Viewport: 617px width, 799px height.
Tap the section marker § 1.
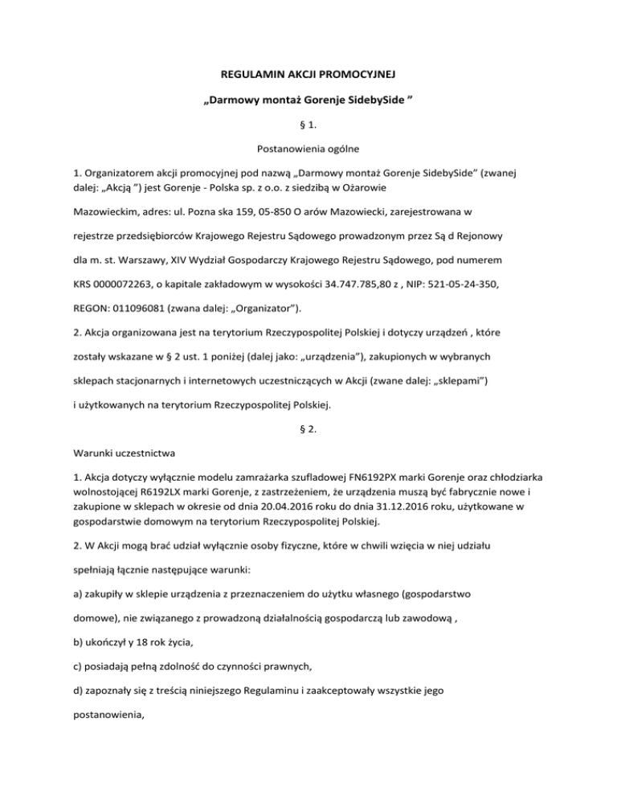[x=308, y=125]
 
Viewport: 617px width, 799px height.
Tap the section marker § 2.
[x=308, y=416]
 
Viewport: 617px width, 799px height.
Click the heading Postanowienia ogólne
[x=308, y=148]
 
